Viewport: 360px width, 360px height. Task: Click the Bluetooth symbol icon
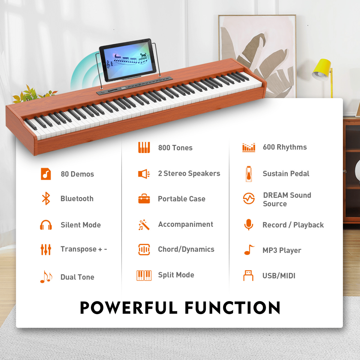[x=46, y=199]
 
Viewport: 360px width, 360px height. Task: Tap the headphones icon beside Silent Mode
[x=46, y=225]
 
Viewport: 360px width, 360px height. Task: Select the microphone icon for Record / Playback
[x=249, y=225]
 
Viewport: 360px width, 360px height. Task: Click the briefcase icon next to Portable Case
[x=144, y=199]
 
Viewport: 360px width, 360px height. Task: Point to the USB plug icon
[x=248, y=275]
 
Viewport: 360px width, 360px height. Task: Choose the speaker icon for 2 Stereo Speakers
[x=144, y=174]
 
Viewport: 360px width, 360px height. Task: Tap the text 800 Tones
[x=175, y=148]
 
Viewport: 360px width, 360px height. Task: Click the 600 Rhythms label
[x=285, y=147]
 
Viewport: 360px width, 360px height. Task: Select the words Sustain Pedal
[x=286, y=174]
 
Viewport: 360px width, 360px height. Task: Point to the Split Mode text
[x=176, y=275]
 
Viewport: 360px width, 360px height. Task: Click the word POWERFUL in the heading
[x=129, y=308]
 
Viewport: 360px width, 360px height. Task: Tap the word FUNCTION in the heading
[x=232, y=308]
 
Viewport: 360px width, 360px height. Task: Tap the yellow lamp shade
[x=321, y=68]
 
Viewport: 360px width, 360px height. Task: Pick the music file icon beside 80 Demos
[x=46, y=174]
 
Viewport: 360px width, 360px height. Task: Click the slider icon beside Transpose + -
[x=46, y=249]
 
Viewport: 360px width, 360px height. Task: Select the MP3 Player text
[x=282, y=250]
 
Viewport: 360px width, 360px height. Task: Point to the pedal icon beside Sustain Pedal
[x=249, y=174]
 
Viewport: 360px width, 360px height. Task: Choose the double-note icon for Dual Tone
[x=46, y=277]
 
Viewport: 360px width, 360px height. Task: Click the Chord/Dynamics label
[x=186, y=249]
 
